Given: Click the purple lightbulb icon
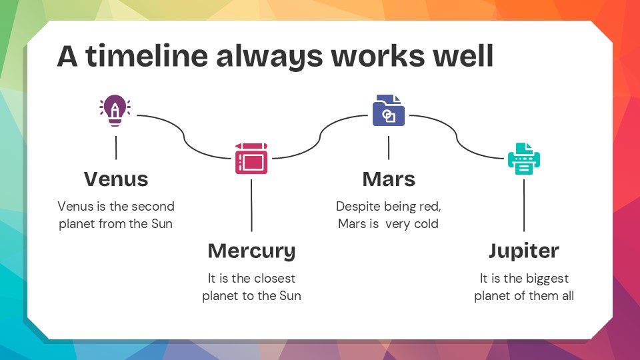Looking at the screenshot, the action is [x=115, y=111].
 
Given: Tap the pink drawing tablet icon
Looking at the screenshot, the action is [x=251, y=159].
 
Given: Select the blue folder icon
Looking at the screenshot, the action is [x=389, y=110].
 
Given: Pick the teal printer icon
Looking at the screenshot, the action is [x=524, y=159].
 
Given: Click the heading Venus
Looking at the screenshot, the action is [x=116, y=179].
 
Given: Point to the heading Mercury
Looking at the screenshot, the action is [x=251, y=251].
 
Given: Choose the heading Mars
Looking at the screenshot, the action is [x=389, y=179].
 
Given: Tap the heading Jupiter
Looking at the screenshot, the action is [x=524, y=251].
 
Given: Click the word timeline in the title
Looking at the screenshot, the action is [x=147, y=55].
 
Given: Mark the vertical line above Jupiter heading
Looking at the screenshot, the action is [x=524, y=205].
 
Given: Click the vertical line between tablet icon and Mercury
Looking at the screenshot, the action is [x=251, y=205].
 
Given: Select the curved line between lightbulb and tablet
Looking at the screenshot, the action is [x=184, y=137].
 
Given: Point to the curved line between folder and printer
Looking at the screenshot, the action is [x=457, y=137].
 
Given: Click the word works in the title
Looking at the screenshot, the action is [x=377, y=55].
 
